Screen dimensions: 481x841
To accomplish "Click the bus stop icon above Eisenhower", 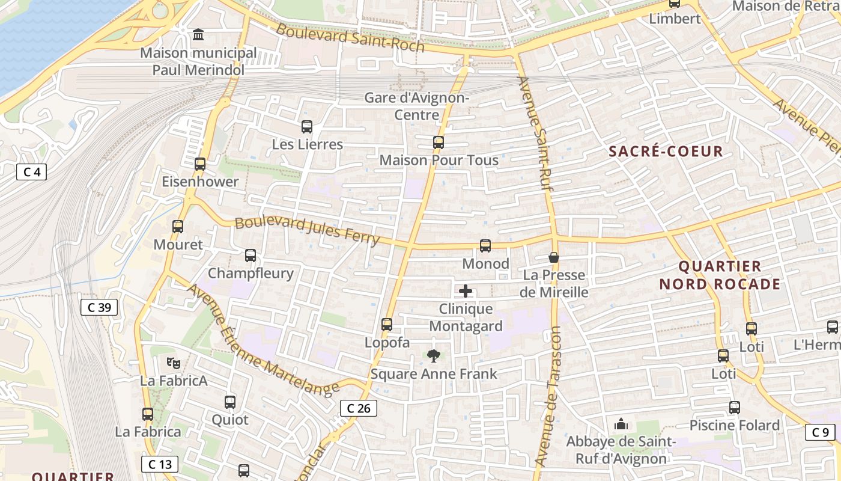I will click(200, 164).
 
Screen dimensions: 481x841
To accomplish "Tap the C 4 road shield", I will click(31, 173).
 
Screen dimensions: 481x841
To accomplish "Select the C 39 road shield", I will click(99, 307).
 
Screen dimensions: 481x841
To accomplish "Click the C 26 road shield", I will click(359, 408).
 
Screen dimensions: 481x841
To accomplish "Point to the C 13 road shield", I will click(160, 464).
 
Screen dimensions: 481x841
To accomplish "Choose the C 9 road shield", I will click(820, 432).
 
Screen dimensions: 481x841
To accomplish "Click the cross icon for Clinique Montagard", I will click(466, 292).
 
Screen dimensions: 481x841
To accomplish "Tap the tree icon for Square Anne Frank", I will click(433, 356).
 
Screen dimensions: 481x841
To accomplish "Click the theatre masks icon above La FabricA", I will click(174, 363).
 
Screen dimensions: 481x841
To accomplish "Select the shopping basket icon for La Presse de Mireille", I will click(554, 257).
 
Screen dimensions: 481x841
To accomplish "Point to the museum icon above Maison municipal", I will click(198, 35).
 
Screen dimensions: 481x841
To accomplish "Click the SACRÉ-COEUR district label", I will click(666, 151).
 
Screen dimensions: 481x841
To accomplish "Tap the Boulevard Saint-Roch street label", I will click(350, 38).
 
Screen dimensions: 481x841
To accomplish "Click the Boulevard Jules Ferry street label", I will click(307, 231).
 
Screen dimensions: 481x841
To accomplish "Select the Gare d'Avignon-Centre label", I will click(417, 106).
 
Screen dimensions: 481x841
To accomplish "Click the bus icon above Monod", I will click(485, 245).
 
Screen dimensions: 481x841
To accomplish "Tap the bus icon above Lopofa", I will click(387, 325).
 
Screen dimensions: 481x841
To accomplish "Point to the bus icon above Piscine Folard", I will click(734, 408).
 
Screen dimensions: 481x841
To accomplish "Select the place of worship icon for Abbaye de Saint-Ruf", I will click(621, 424).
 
